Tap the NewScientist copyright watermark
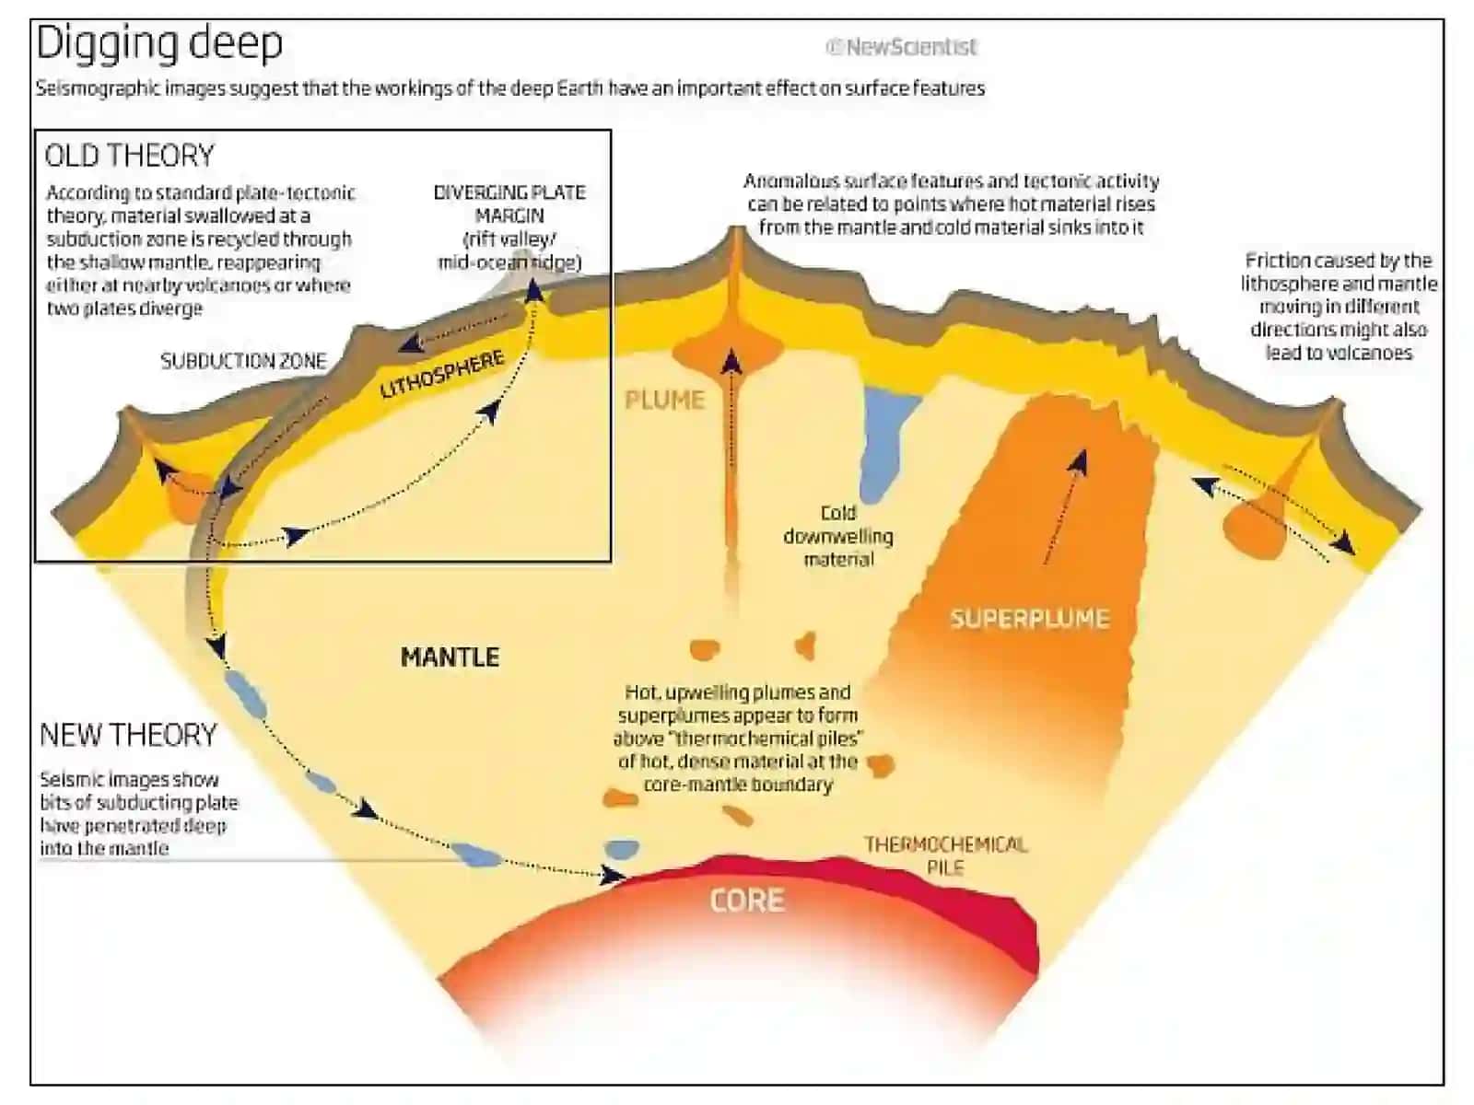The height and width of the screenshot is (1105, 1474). (900, 47)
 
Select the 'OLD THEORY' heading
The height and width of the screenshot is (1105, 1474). (130, 155)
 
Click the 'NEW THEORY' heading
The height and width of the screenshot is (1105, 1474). (128, 735)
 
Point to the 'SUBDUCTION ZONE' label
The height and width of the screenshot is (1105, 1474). (243, 361)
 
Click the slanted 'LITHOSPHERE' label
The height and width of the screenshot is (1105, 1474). (442, 375)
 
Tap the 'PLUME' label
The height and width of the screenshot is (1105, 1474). (665, 400)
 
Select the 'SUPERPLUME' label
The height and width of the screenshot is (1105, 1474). (1029, 618)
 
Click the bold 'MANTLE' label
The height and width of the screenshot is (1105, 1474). (450, 657)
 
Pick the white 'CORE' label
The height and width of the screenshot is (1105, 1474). (747, 901)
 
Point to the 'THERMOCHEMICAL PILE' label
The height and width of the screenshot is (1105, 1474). (945, 855)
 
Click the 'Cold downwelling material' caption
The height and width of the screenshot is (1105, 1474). (838, 535)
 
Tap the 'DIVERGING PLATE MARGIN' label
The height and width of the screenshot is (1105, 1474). (509, 204)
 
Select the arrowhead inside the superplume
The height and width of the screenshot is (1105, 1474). (1079, 462)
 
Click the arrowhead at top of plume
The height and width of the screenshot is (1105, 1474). (731, 362)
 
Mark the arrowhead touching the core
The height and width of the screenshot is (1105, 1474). (612, 874)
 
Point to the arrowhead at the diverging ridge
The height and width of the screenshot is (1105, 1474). (533, 290)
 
